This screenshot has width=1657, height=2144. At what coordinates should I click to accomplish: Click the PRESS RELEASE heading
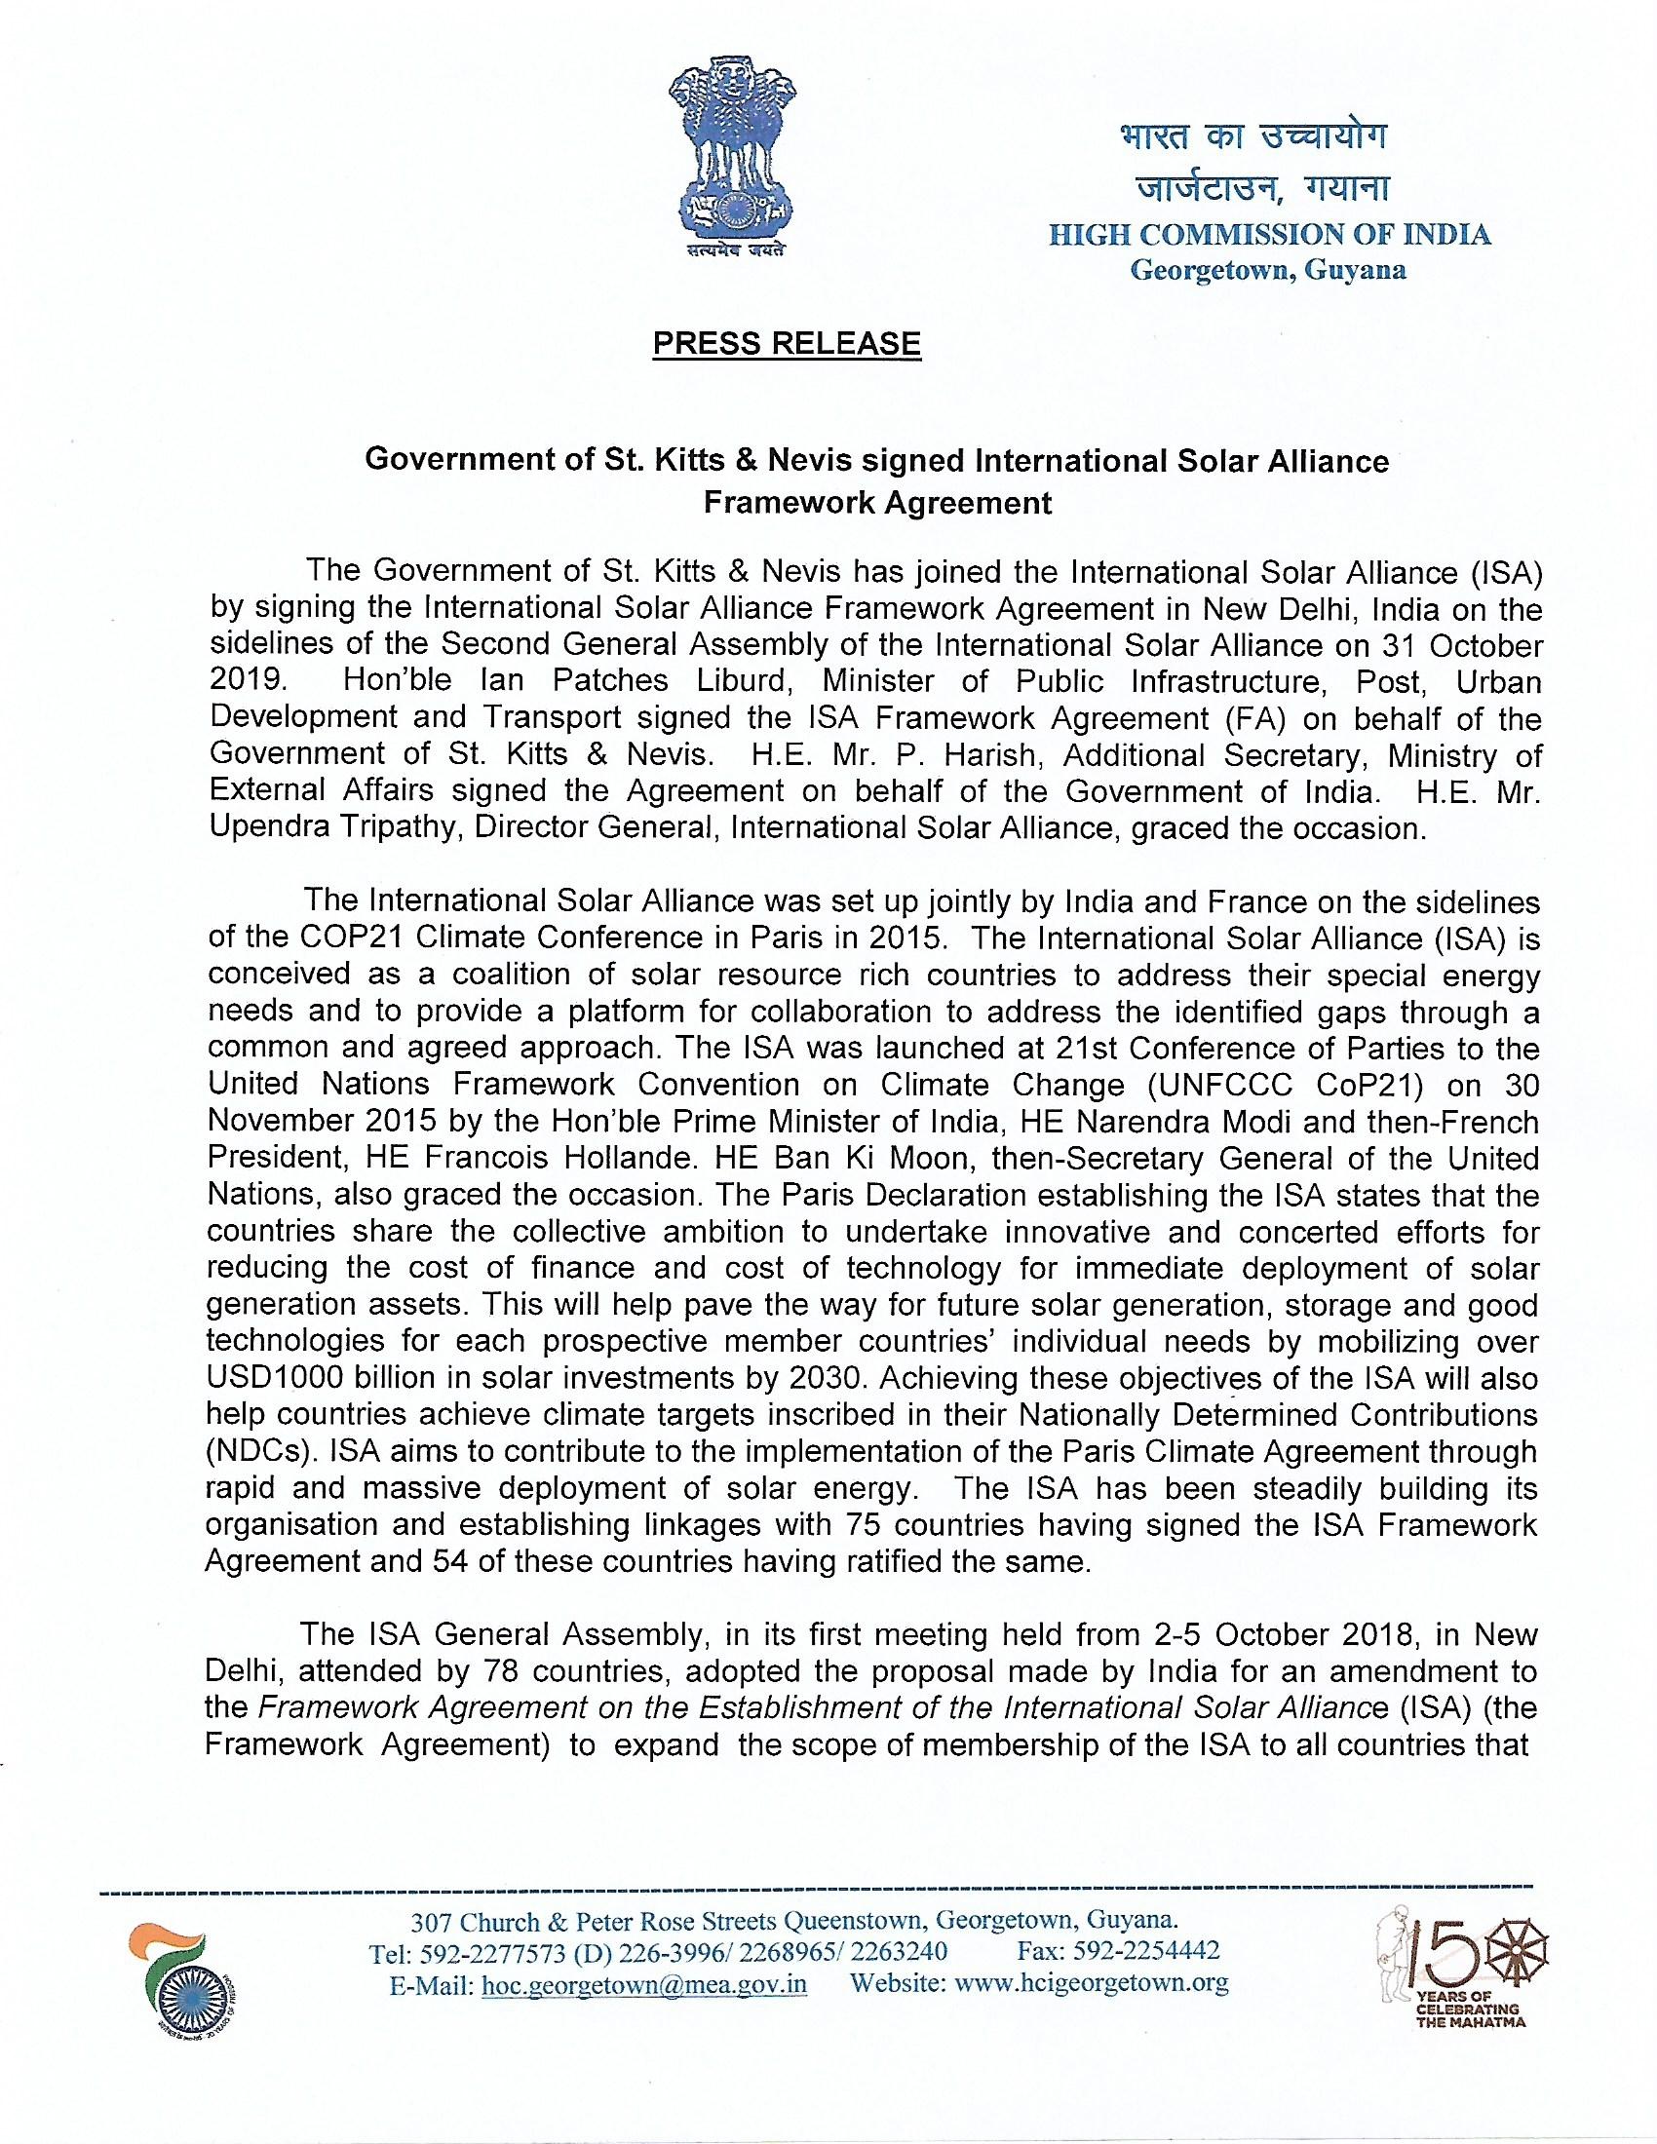(787, 343)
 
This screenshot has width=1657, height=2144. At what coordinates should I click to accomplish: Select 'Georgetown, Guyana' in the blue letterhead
(1268, 270)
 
